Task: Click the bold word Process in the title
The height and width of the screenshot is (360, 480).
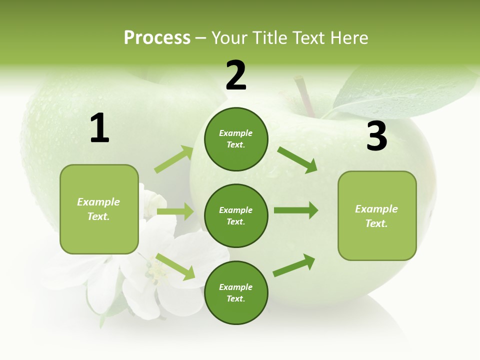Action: click(157, 38)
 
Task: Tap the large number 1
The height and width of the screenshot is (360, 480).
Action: click(99, 128)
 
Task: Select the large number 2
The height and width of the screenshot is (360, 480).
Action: click(236, 75)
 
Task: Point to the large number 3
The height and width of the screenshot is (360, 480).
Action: click(376, 136)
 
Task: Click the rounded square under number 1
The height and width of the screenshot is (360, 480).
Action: click(99, 209)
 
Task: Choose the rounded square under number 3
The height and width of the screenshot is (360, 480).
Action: click(377, 215)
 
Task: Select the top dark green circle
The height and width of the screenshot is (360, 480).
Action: click(236, 139)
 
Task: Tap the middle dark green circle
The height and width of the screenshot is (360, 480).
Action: click(236, 215)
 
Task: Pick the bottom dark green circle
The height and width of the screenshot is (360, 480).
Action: click(236, 292)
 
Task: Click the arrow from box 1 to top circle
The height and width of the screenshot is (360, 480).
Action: click(174, 159)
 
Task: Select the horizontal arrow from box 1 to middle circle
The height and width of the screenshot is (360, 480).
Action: click(175, 211)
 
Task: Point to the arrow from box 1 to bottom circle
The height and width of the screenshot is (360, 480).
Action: click(175, 266)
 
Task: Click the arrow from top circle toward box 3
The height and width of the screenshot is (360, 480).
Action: click(297, 159)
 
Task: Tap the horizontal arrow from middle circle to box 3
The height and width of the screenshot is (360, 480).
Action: click(295, 210)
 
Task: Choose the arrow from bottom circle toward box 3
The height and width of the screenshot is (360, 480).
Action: click(294, 265)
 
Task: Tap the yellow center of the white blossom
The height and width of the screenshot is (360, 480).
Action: click(156, 272)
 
